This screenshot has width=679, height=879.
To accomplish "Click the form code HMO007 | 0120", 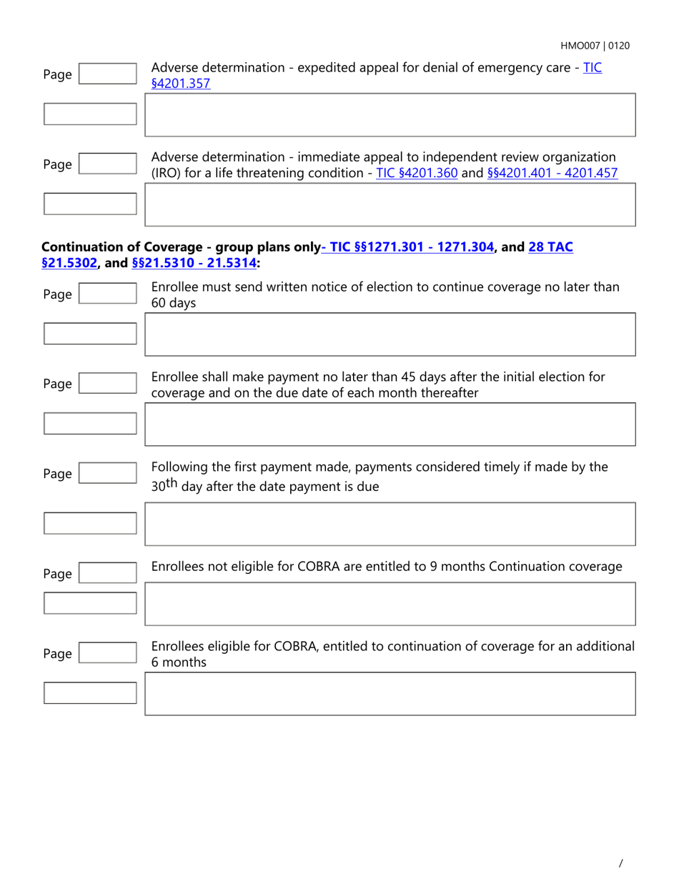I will coord(595,46).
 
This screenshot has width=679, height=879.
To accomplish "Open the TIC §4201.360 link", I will coord(417,173).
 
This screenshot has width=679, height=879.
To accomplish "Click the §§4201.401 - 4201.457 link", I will coord(552,173).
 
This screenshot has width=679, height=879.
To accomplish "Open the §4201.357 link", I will coord(181,84).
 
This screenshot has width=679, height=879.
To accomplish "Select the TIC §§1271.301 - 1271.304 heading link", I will coord(410,247).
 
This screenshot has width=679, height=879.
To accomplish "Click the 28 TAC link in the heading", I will coord(550,247).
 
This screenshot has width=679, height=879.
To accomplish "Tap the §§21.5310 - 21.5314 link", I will coord(194,263).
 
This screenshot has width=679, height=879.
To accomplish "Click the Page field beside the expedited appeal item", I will coord(106,74).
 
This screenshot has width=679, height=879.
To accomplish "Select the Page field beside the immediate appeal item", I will coord(106,164).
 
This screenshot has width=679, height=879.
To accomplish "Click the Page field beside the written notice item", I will coord(106,294).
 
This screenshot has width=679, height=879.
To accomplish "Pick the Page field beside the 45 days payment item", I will coord(106,384).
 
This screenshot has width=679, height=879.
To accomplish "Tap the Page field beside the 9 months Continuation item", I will coord(106,574).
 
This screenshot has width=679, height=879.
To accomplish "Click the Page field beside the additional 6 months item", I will coord(106,654).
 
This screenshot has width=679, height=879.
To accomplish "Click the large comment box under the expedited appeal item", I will coord(390,114).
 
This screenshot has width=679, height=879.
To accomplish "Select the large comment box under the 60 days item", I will coord(390,334).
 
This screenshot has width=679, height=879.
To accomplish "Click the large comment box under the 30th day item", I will coord(390,524).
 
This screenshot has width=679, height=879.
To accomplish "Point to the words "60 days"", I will coord(174,303).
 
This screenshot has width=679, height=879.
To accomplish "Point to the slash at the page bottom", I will coord(620,863).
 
